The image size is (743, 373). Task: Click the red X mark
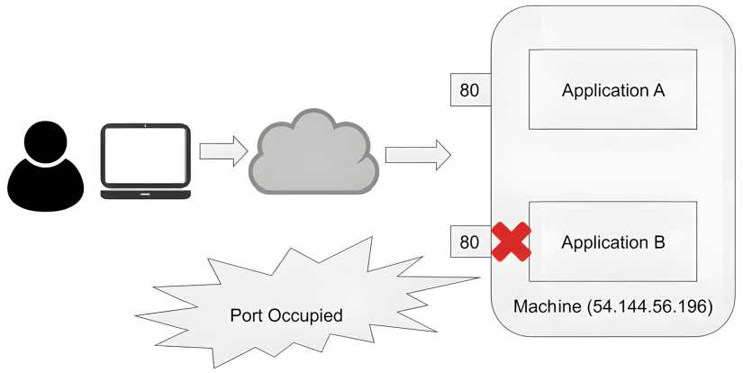coord(510,241)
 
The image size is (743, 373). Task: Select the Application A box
coord(612,90)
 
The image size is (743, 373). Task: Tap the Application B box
coord(612,241)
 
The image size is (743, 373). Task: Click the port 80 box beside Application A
coord(469,90)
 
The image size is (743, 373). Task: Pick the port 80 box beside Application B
coord(469,241)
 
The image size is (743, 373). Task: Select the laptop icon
coord(145,161)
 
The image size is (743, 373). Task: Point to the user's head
coord(45,141)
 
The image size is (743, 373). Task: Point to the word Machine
coord(548,307)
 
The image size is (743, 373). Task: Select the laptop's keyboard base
coord(145,194)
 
